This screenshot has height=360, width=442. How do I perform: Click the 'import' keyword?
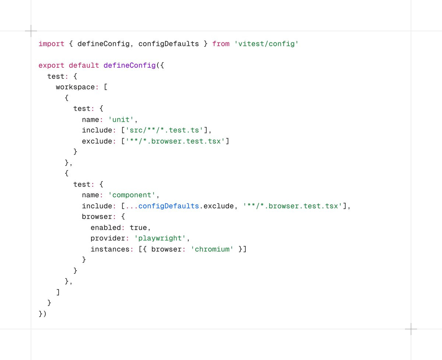(x=52, y=44)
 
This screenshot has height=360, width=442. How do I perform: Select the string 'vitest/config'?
(x=266, y=44)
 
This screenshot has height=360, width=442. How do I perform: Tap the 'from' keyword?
(x=221, y=44)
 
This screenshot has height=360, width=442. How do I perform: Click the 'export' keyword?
(x=52, y=66)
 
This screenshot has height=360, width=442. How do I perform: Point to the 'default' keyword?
(x=84, y=66)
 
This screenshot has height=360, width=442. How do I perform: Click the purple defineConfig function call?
(x=130, y=66)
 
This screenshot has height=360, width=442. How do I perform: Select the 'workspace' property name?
(x=76, y=87)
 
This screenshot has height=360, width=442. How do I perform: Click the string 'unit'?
(x=121, y=120)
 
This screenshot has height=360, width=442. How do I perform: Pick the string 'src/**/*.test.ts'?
(x=164, y=130)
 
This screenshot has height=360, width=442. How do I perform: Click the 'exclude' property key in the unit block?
(x=97, y=141)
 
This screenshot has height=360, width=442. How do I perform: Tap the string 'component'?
(x=132, y=195)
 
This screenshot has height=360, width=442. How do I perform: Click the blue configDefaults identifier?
(x=169, y=206)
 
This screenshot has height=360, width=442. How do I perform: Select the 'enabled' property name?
(x=106, y=228)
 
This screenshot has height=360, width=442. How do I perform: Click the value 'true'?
(x=138, y=228)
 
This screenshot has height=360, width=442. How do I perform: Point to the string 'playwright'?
(x=160, y=239)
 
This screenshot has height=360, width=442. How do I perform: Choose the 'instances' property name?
(x=110, y=249)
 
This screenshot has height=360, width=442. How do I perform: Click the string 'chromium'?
(x=212, y=249)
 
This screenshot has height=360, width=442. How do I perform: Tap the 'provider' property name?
(x=108, y=239)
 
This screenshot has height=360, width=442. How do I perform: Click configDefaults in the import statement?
(x=169, y=44)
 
